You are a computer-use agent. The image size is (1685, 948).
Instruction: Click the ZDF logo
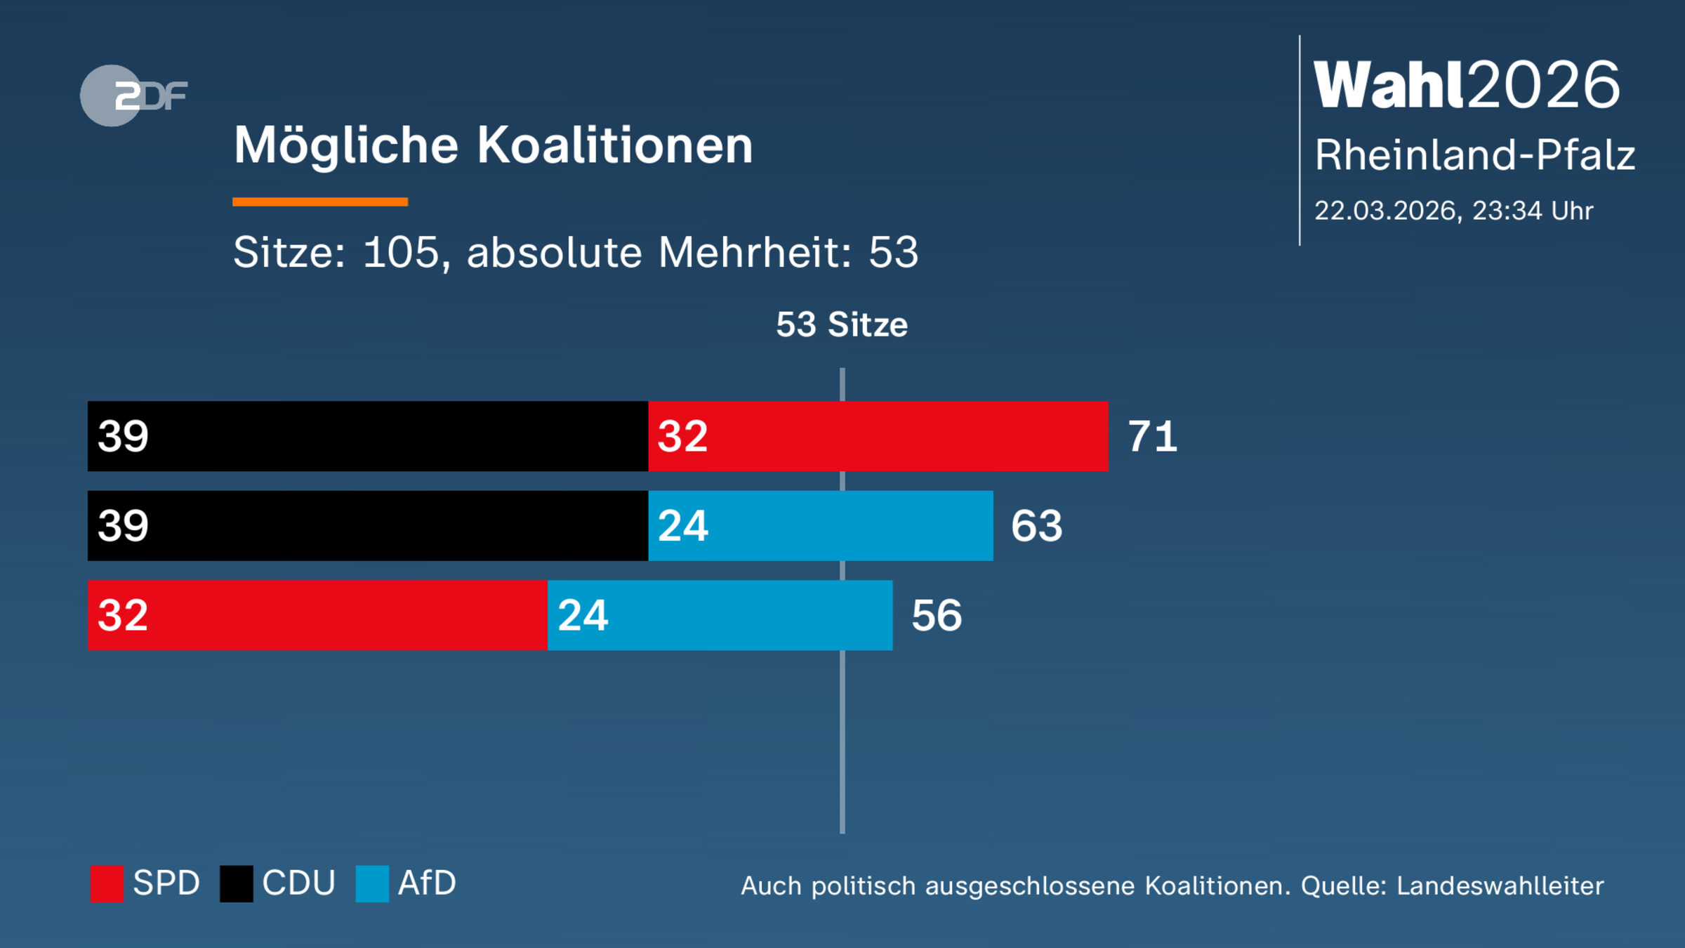tap(133, 96)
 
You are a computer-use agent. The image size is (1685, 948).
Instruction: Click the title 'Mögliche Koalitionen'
tap(493, 145)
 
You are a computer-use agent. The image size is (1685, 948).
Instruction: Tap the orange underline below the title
tap(320, 202)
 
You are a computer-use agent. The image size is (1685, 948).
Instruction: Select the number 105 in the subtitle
tap(401, 252)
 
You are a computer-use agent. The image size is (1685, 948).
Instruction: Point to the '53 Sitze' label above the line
tap(841, 324)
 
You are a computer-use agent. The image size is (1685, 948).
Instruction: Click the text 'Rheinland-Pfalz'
tap(1474, 154)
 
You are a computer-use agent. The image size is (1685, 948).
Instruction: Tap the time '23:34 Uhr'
tap(1532, 211)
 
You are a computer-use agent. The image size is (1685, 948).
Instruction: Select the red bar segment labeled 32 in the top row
tap(878, 436)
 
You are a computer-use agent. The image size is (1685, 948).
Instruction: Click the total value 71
tap(1152, 436)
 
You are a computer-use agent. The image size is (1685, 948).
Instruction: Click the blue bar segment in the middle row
tap(820, 525)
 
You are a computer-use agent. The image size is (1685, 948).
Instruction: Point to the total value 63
tap(1036, 525)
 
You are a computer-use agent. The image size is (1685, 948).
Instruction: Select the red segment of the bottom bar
tap(317, 615)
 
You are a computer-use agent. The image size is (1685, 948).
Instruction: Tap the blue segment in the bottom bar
tap(720, 615)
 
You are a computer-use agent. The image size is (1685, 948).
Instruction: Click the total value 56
tap(937, 615)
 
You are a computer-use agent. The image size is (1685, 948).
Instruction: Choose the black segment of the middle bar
tap(367, 525)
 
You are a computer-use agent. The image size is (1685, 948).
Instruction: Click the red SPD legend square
tap(107, 883)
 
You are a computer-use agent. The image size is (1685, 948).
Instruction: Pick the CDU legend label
tap(298, 883)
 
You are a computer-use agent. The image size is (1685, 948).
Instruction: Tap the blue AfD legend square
tap(372, 883)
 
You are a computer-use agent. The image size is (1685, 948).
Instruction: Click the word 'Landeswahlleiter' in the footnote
tap(1500, 886)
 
